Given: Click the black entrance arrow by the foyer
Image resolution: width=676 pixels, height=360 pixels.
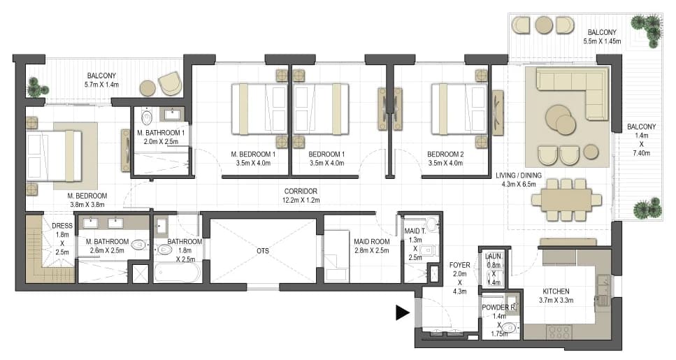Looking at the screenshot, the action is (402, 312).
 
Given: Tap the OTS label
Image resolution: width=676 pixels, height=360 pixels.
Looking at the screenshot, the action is (263, 250).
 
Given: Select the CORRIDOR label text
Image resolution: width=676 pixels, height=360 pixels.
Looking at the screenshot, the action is (301, 191).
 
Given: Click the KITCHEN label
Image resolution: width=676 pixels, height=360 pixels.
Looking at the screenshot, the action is (556, 291).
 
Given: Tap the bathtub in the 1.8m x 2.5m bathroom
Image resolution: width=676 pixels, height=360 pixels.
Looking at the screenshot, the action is (177, 272).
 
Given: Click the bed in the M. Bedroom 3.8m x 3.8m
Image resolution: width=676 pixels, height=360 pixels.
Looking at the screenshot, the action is (54, 156).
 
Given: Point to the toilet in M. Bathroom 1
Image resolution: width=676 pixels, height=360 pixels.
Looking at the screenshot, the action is (147, 117).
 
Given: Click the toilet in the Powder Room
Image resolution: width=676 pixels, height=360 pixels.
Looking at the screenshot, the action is (510, 328).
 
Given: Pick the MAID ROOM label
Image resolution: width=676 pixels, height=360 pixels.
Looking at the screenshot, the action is (372, 241).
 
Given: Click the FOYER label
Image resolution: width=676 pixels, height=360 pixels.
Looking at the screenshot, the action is (459, 265).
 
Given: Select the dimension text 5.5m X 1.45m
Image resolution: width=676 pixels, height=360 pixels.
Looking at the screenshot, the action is (602, 41).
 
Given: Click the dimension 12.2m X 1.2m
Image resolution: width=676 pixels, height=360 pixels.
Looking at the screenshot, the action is (301, 200).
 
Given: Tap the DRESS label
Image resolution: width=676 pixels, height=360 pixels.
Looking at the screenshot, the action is (62, 226).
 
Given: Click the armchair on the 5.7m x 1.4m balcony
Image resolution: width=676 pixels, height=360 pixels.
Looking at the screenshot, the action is (170, 83).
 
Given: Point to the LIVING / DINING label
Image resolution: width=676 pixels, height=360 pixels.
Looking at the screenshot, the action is (518, 175).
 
